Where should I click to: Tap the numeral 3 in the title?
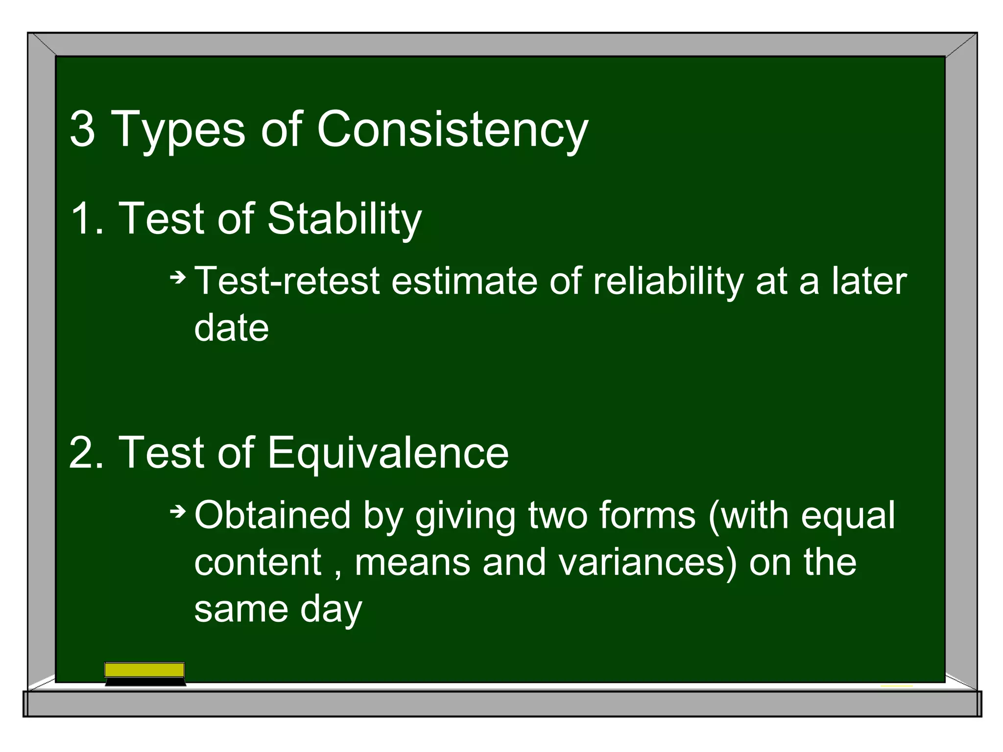click(82, 129)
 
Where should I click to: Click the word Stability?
click(344, 219)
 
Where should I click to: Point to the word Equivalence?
click(387, 453)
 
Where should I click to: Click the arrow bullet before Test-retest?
click(178, 278)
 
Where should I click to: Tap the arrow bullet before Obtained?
click(178, 512)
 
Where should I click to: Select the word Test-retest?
click(287, 281)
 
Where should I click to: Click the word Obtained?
click(272, 515)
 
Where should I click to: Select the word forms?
click(647, 515)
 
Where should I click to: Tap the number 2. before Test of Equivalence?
click(86, 453)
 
